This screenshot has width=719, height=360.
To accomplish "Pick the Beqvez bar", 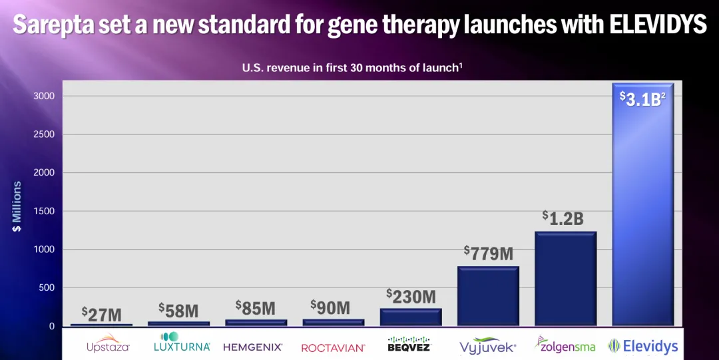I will pos(411,317).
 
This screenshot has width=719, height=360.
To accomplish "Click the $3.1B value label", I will pos(642,99).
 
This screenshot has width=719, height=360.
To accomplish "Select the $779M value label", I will pos(488,253).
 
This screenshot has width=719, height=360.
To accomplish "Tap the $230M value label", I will pos(411,296).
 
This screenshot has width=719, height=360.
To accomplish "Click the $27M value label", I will pos(102,314).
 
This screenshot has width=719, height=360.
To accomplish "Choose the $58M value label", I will pos(178,310).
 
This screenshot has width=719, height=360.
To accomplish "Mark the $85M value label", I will pos(256,308).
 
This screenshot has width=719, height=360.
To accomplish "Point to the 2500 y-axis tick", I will pos(43,134).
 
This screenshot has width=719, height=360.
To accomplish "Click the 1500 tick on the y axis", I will pos(43,212).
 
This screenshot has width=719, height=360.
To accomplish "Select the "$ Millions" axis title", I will pos(17,207).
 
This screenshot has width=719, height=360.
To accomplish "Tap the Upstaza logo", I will pos(108,345).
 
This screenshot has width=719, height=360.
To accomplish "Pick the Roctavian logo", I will pos(333,347).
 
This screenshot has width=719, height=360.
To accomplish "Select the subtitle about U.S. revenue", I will pos(352,68).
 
